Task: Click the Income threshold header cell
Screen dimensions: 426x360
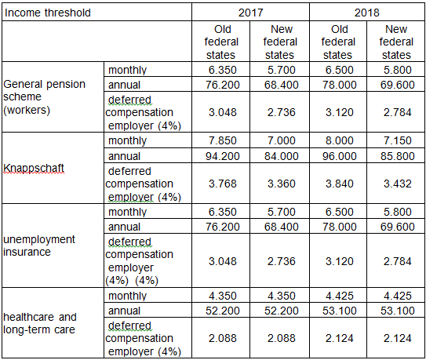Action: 48,13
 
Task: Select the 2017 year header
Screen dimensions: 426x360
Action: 250,13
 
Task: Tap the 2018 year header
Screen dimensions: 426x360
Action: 367,13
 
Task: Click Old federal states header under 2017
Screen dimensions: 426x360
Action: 221,42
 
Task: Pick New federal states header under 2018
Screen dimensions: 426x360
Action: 396,42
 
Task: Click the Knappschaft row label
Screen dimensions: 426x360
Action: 34,169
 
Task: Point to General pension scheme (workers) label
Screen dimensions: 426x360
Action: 44,97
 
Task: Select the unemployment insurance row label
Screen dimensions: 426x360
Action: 39,245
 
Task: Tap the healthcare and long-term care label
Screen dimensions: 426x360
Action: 40,323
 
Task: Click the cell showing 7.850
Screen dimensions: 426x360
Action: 223,140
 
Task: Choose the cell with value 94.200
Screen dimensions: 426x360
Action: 223,156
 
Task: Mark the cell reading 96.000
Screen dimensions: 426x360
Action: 340,156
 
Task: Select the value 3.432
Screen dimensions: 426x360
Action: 398,184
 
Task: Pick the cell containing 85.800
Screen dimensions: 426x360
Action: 398,156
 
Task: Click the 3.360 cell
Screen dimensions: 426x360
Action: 281,184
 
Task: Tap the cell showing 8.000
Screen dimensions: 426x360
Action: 340,140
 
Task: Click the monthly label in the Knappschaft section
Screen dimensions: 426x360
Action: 127,140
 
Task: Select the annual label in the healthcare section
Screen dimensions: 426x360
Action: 124,311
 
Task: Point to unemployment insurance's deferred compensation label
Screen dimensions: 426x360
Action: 139,261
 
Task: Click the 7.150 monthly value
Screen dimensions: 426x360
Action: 398,140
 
